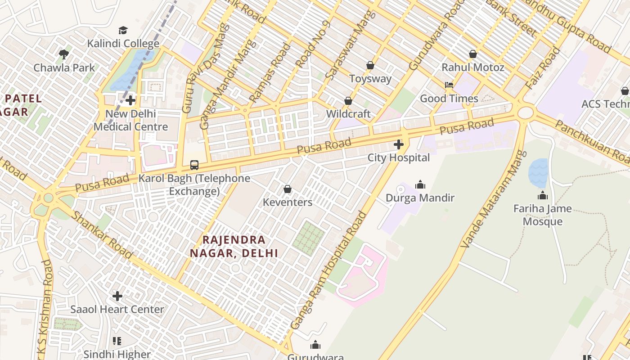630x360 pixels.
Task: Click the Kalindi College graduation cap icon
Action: click(x=123, y=30)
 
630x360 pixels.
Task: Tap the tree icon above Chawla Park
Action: click(x=64, y=54)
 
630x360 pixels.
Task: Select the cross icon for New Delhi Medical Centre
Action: click(x=130, y=100)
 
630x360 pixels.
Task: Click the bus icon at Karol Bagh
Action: click(x=194, y=165)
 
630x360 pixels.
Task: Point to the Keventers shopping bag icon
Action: click(x=288, y=189)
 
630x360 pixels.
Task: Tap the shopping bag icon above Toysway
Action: click(x=370, y=65)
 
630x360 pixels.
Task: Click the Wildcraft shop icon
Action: click(x=348, y=101)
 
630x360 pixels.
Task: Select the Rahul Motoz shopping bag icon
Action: click(x=472, y=54)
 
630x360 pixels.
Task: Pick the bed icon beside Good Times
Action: click(x=449, y=85)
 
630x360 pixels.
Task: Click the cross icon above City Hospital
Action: click(x=398, y=144)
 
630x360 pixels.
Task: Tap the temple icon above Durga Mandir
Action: click(x=420, y=184)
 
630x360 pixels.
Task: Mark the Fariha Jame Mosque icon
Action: click(x=542, y=195)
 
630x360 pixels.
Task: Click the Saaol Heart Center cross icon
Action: click(x=117, y=296)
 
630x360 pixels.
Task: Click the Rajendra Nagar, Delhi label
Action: click(x=234, y=246)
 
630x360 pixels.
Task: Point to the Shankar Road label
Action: click(x=103, y=235)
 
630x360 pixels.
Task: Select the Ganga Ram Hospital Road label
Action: click(x=328, y=270)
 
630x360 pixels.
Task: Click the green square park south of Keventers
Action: click(x=308, y=238)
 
